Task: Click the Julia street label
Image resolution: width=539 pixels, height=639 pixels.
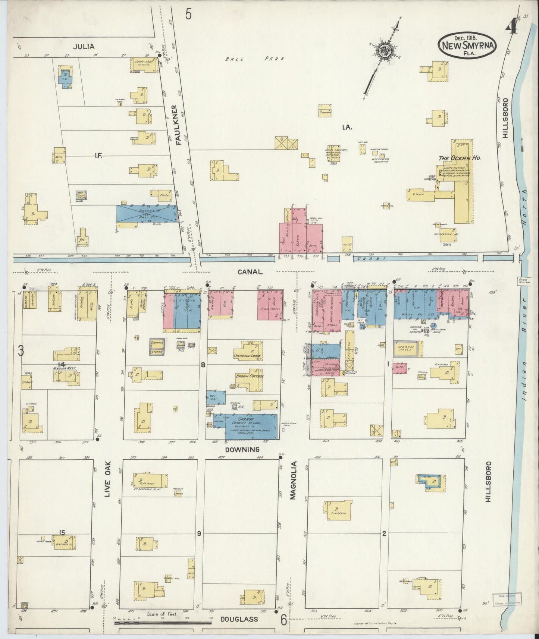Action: (84, 47)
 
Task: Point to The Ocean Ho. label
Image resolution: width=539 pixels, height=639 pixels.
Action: (459, 158)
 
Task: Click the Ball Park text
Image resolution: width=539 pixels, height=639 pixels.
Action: (256, 59)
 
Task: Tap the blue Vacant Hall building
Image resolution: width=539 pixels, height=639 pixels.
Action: (146, 213)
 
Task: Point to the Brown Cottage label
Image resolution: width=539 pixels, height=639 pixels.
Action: (250, 376)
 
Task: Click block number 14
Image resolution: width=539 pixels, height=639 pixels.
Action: (62, 364)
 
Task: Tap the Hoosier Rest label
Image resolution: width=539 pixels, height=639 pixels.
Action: (64, 368)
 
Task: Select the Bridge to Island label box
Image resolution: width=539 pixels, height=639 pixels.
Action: (524, 281)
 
